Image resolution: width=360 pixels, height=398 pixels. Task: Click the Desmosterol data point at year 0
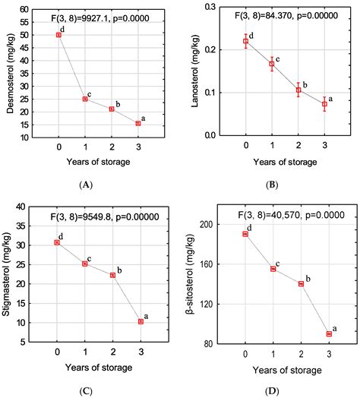pyautogui.click(x=59, y=35)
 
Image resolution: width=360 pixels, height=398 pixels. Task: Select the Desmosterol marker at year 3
pyautogui.click(x=138, y=123)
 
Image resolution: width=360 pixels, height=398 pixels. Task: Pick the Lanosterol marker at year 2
pyautogui.click(x=298, y=90)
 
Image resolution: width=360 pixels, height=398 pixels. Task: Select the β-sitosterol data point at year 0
pyautogui.click(x=245, y=234)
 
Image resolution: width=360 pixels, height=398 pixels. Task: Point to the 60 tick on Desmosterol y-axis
pyautogui.click(x=24, y=9)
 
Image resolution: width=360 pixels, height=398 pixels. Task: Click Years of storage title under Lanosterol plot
pyautogui.click(x=286, y=163)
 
